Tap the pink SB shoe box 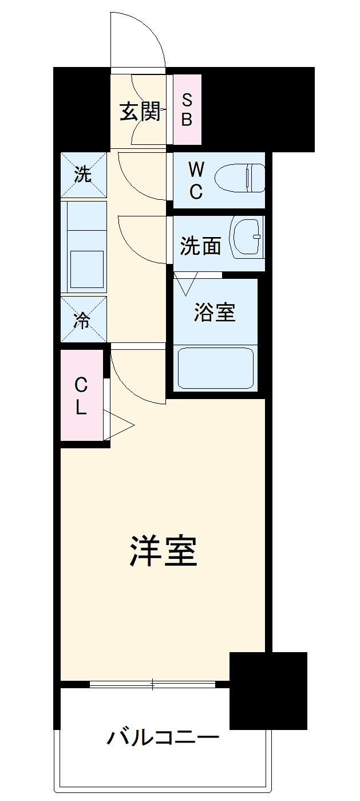(x=187, y=110)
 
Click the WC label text (x=196, y=180)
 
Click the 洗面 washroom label (x=200, y=246)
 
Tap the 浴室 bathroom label (x=215, y=312)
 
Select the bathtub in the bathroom (x=216, y=367)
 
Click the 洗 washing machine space (x=84, y=175)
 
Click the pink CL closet (x=81, y=397)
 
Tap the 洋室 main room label (x=163, y=551)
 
